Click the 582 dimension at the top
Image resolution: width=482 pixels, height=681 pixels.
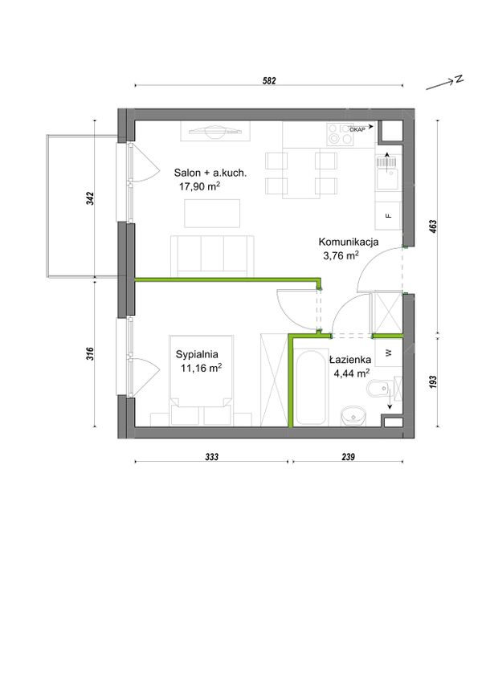click(x=269, y=81)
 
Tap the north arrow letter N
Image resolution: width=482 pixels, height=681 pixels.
click(x=459, y=79)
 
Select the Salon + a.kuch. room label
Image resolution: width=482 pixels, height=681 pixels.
click(x=210, y=173)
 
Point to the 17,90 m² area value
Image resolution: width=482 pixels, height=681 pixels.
click(x=199, y=186)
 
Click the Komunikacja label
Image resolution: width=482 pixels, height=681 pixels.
click(x=349, y=242)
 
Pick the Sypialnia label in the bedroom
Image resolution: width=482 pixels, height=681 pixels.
click(x=197, y=354)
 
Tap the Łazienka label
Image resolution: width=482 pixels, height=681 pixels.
click(x=350, y=360)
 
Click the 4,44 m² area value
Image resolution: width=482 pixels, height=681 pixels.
click(x=352, y=373)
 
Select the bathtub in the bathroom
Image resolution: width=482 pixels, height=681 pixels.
click(x=311, y=385)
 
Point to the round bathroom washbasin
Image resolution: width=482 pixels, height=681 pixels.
click(x=353, y=416)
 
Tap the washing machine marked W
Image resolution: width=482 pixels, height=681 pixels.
click(x=389, y=353)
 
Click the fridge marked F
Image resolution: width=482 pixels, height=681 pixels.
click(x=389, y=216)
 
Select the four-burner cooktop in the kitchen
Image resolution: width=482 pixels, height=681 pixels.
click(x=341, y=134)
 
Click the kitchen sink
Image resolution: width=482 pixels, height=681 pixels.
click(x=387, y=173)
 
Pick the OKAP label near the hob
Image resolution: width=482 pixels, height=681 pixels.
click(x=357, y=129)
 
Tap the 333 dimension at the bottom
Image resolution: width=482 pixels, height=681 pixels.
click(x=211, y=456)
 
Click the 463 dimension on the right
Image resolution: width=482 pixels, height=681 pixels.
click(x=432, y=227)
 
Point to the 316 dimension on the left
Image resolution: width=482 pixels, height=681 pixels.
click(x=90, y=353)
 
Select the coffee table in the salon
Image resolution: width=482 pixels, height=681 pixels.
click(x=212, y=214)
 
